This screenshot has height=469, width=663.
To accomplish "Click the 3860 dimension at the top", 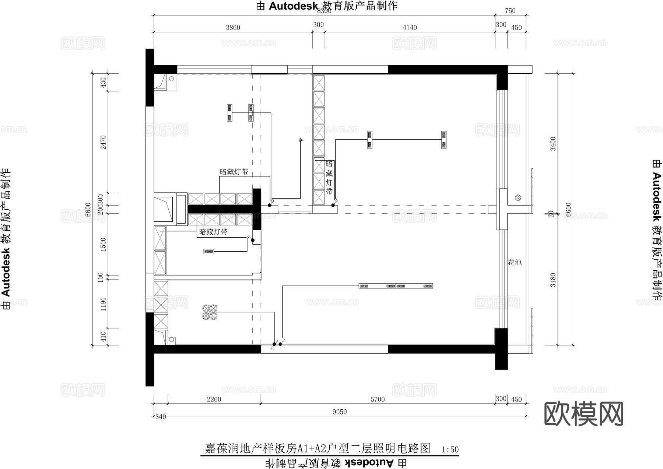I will (233, 28).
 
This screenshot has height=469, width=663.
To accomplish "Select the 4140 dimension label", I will (410, 28).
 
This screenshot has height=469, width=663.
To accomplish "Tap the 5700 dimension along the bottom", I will (378, 399).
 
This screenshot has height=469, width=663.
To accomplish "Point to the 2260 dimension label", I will (214, 399).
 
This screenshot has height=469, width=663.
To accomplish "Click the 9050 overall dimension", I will (339, 412).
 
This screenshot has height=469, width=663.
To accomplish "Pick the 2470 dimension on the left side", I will (104, 142).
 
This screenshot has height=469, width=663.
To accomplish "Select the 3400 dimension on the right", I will (553, 144).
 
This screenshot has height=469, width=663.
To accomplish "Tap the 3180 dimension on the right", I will (553, 280).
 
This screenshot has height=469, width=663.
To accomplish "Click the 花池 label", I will (515, 262).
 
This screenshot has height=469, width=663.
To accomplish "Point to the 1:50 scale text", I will (450, 449).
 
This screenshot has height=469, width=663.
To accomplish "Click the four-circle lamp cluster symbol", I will (210, 312).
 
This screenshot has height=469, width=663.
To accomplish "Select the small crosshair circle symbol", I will (301, 140).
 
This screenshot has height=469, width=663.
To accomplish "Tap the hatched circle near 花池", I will (518, 198).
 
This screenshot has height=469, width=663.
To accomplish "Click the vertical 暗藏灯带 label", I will (329, 177).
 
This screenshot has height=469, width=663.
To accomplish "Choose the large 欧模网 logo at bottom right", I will (583, 414).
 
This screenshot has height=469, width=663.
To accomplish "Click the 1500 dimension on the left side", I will (104, 244).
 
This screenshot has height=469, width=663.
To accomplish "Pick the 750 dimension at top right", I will (510, 11).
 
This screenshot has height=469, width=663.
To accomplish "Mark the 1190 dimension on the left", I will (104, 304).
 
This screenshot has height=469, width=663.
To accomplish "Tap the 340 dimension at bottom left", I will (161, 417).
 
